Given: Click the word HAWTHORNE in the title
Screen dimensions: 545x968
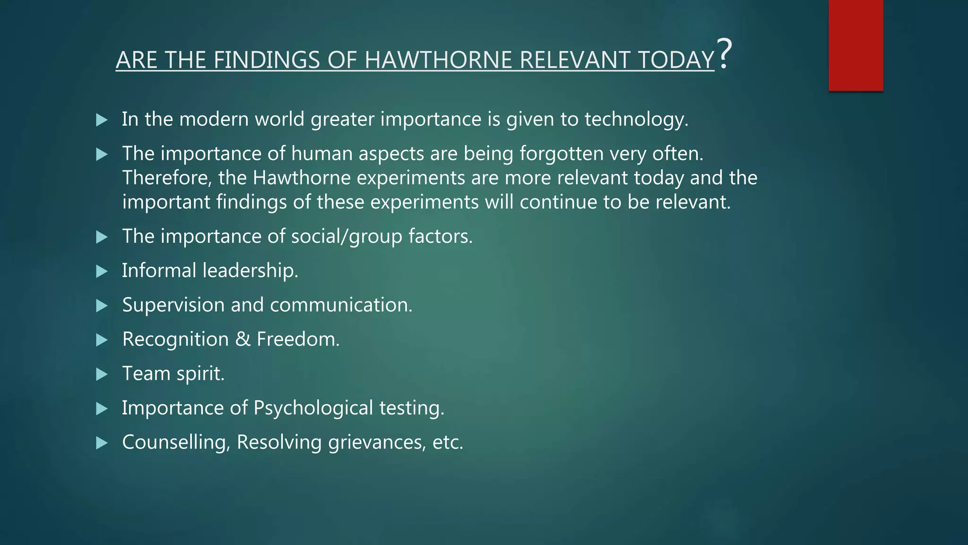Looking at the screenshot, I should [x=438, y=60].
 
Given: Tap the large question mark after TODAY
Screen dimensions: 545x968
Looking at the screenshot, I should [x=724, y=53].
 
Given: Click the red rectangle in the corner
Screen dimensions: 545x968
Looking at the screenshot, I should [x=856, y=45].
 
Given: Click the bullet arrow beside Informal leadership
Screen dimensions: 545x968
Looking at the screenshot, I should [x=102, y=271].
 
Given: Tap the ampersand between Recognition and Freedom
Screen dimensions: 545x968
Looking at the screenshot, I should [x=242, y=339].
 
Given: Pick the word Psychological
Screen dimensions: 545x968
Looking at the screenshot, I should [x=313, y=408].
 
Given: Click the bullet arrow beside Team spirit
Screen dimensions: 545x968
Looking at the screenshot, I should [x=102, y=374].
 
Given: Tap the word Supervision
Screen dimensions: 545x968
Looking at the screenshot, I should [x=173, y=305].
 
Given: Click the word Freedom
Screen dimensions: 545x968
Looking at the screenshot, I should [x=298, y=339].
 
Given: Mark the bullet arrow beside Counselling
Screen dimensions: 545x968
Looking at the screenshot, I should [x=102, y=443].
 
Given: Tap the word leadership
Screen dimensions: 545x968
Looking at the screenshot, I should [x=250, y=271].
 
